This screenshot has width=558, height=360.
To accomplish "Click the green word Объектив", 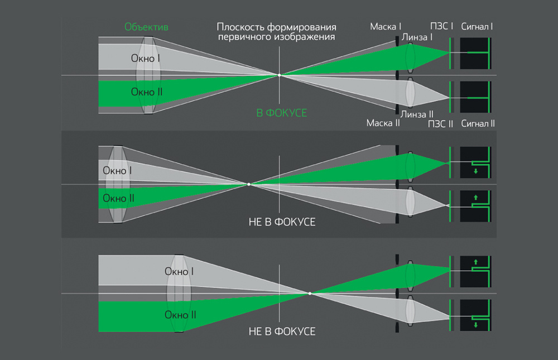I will point(147,27).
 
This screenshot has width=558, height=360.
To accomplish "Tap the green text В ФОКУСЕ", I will point(281,113).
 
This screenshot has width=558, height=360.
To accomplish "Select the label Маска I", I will point(385,27).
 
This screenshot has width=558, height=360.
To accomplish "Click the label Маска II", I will point(383,123).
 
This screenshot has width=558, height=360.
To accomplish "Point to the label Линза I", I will point(417,37).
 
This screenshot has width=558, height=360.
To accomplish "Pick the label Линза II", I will point(417,114).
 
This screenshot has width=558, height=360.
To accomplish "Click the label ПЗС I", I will point(441,27).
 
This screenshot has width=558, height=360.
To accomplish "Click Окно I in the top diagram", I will point(146,58).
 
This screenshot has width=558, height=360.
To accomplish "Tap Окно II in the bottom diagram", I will point(180,315).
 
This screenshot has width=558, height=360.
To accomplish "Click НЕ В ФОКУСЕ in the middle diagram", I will point(282,222).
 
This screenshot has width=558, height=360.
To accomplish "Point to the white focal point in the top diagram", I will point(280,75).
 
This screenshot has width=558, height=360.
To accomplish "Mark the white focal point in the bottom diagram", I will point(310,294).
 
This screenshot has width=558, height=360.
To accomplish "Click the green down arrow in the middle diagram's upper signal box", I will point(475,171).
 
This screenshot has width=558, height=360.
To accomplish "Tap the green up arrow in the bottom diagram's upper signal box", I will point(475,261).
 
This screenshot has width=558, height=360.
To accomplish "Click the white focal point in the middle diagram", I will point(249,184).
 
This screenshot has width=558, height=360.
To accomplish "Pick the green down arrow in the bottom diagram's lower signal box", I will point(475,325).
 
